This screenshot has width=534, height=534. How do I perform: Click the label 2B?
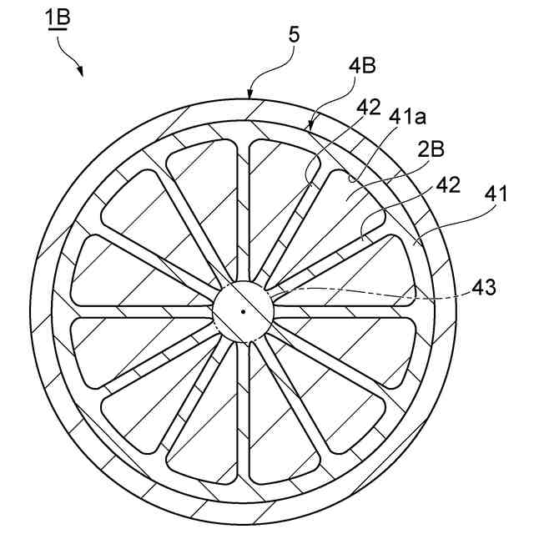[x=431, y=150]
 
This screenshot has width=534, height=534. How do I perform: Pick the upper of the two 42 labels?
[x=368, y=107]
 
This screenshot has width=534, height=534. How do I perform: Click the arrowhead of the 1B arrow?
[x=80, y=73]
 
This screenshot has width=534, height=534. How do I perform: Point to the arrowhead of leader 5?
[x=249, y=98]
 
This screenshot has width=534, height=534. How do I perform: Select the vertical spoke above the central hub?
[x=243, y=209]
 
